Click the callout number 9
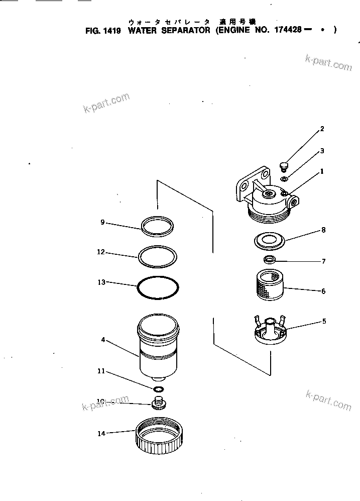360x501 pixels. coord(102,222)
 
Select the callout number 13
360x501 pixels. coord(101,282)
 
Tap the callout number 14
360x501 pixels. coord(101,434)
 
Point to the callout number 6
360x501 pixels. coord(323,291)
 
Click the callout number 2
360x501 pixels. coord(322,129)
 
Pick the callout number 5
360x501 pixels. coord(324,321)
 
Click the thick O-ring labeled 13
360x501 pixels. coord(158,290)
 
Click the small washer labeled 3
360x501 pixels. coord(284,178)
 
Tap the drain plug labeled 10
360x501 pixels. coord(160,403)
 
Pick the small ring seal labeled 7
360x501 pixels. coord(270,259)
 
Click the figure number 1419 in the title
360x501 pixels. coord(112,30)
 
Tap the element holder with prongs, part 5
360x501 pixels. coord(270,332)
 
